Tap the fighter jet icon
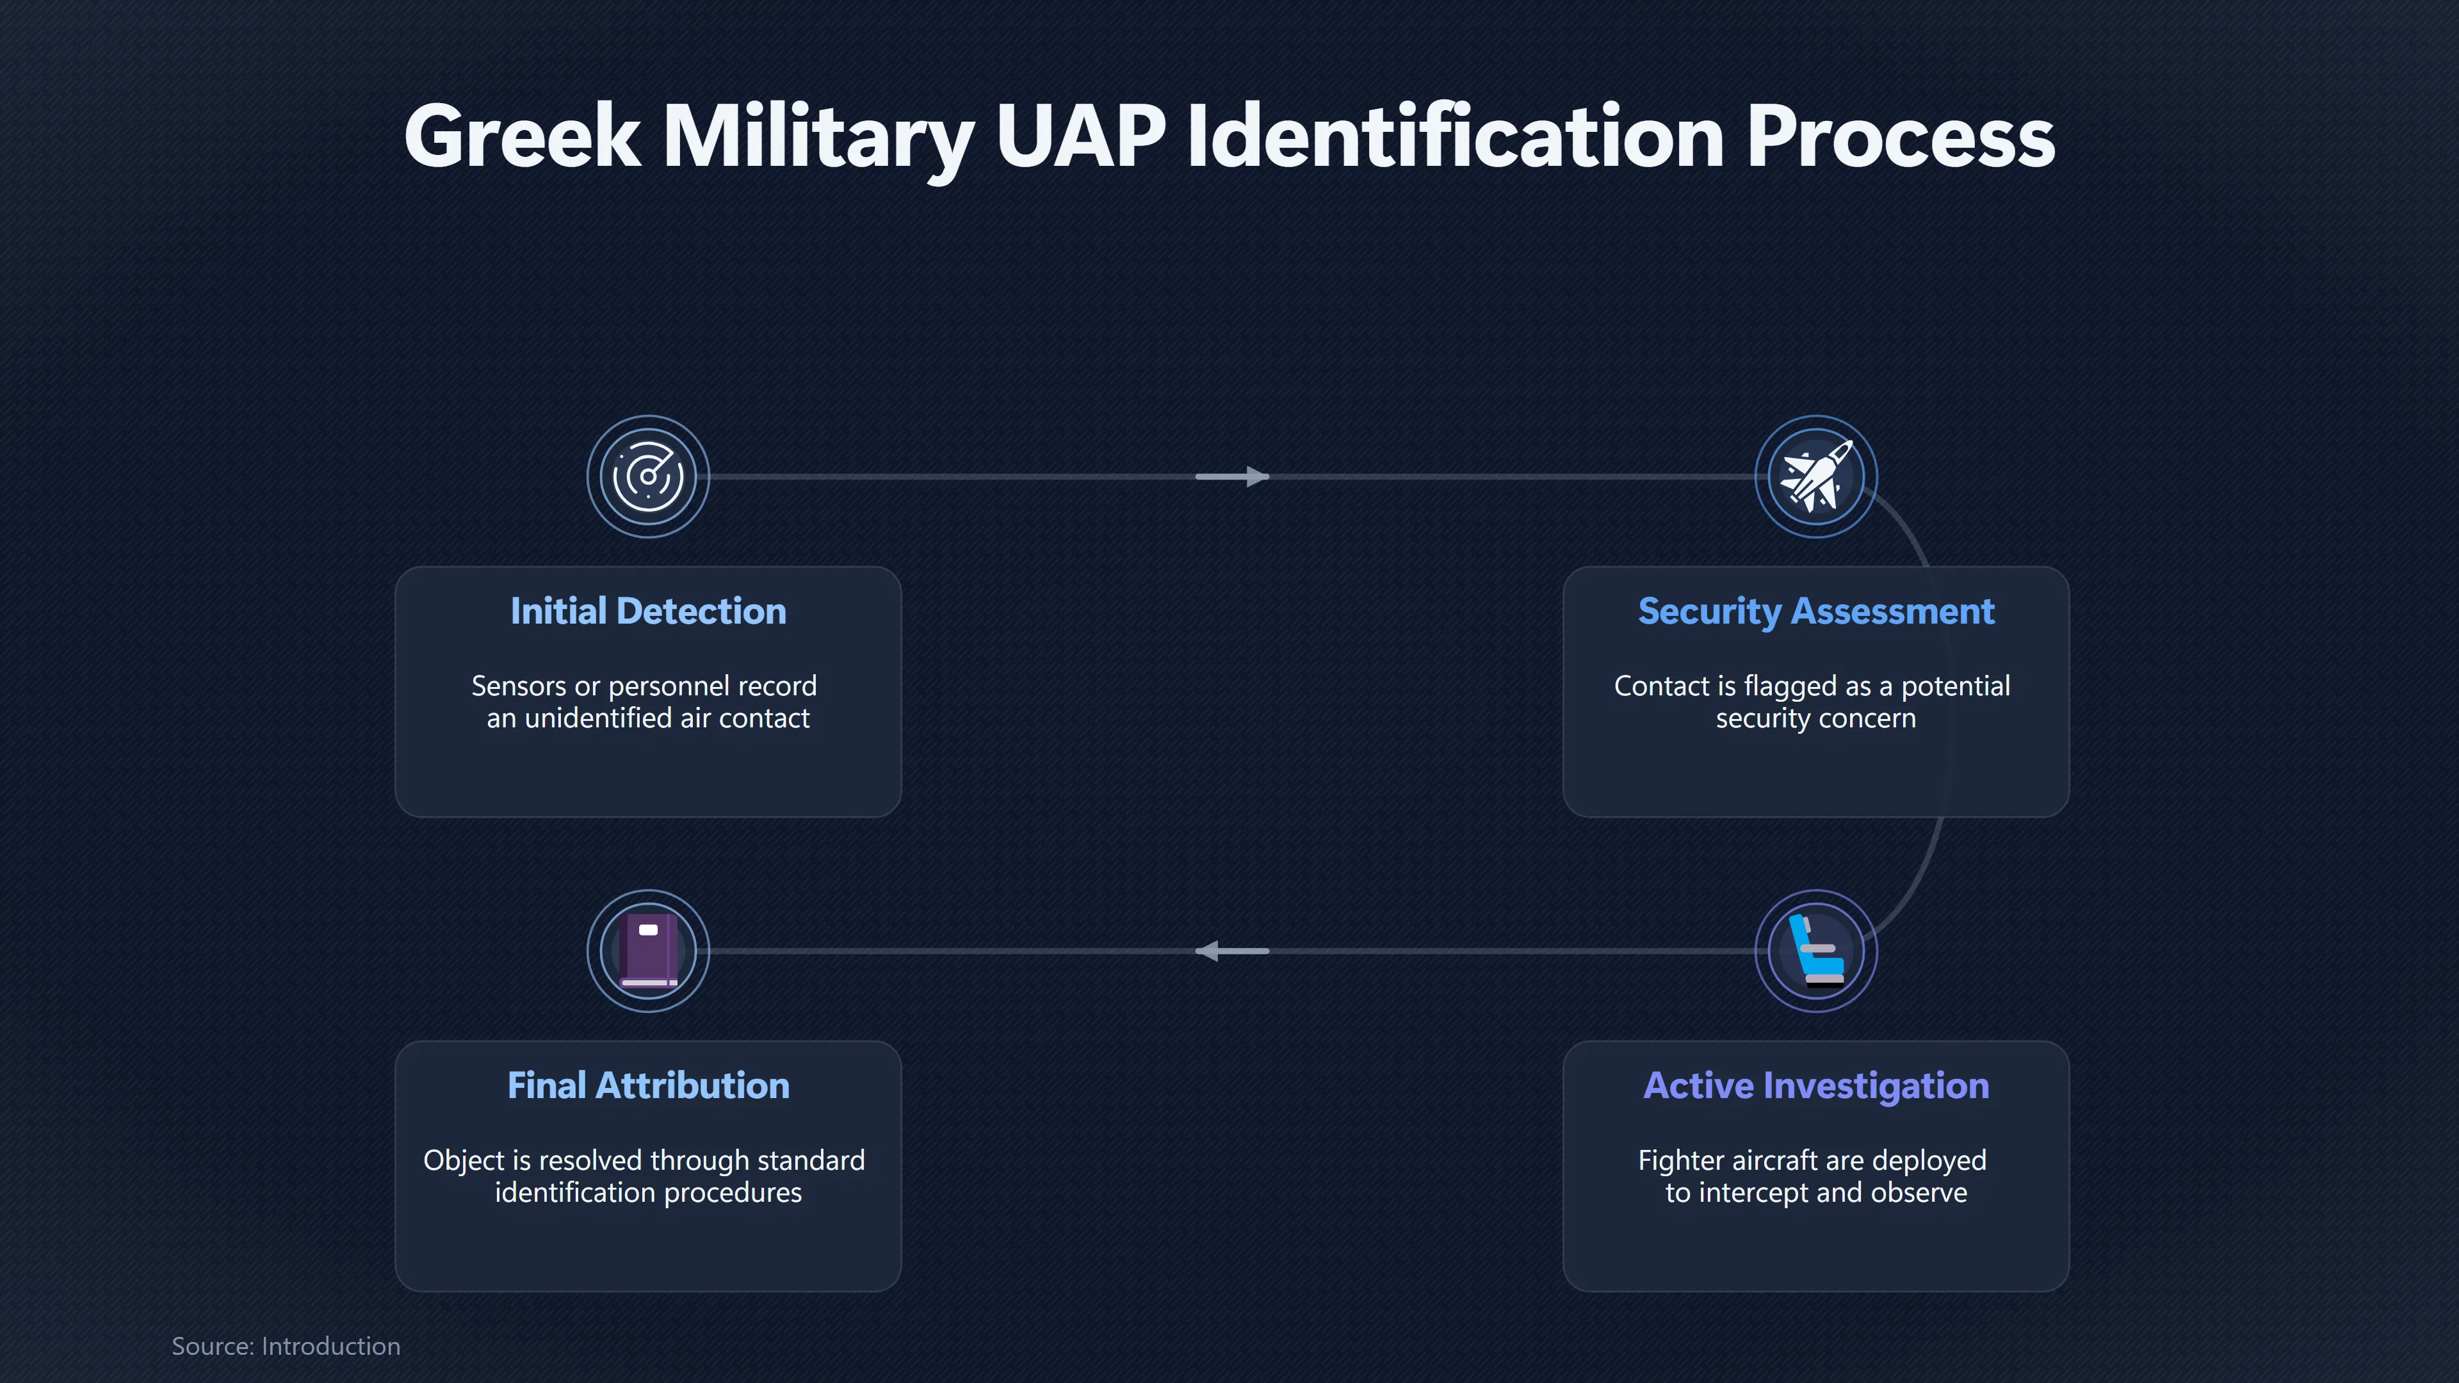1815,475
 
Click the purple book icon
648,951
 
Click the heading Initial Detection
648,611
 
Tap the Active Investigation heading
1815,1086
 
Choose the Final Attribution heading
648,1085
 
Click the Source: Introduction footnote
286,1346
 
